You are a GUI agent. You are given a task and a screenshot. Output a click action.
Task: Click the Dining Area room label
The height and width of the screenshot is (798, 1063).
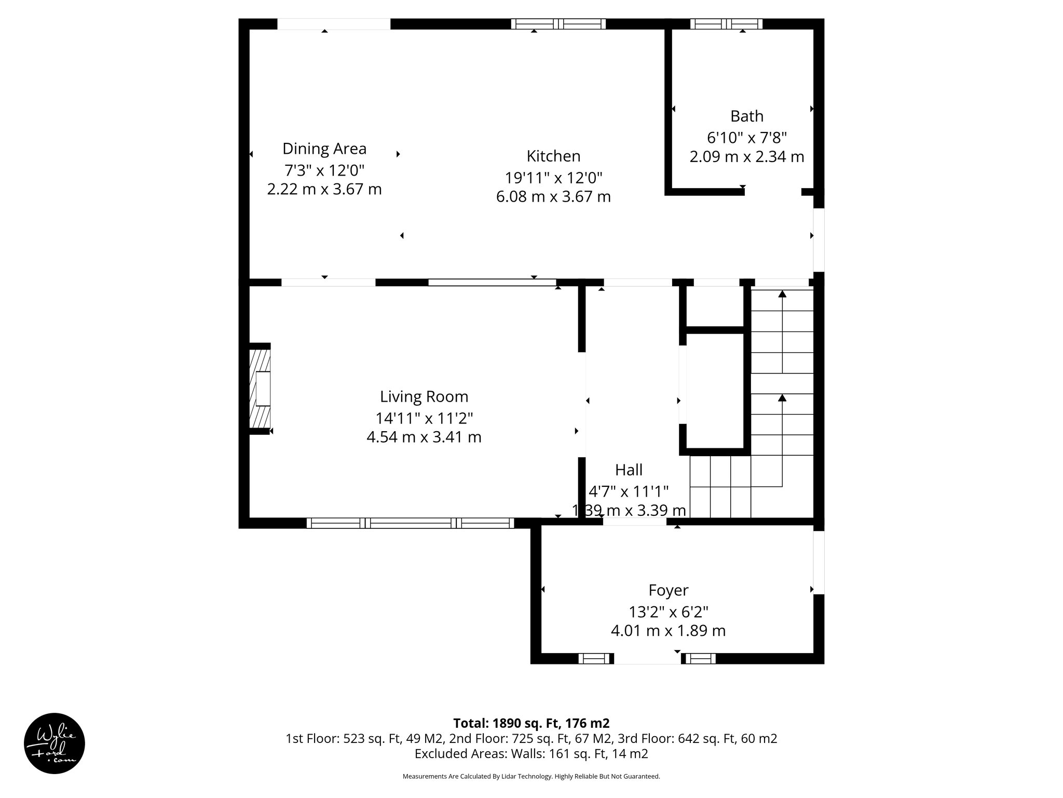coord(324,149)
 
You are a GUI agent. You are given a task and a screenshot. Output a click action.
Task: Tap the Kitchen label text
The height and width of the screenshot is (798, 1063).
coord(553,156)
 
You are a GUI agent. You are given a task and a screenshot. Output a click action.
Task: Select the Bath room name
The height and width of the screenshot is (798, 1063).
coord(746,116)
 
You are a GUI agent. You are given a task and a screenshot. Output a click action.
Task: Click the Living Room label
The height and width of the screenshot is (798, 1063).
coord(424,396)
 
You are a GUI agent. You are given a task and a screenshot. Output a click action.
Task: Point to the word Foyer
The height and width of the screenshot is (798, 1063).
coord(668,590)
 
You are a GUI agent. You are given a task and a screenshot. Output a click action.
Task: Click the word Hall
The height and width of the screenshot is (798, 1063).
coord(629,470)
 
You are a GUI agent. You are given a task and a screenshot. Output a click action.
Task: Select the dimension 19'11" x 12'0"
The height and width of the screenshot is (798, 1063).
coord(553,178)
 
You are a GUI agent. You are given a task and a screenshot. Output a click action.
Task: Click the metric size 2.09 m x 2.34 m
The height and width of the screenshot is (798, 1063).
coord(746,156)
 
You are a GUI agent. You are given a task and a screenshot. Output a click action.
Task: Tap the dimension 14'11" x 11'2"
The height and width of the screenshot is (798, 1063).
coord(424,418)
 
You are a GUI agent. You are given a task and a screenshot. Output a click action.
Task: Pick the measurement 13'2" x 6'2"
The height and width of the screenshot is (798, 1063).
coord(668,611)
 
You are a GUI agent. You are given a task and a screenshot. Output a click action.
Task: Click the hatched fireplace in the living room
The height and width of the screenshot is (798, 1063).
coord(260,389)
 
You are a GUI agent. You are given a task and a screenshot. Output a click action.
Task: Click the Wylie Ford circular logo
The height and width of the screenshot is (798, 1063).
coord(54,743)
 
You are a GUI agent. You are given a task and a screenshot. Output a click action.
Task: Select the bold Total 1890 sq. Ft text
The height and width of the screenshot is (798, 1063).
coord(531,723)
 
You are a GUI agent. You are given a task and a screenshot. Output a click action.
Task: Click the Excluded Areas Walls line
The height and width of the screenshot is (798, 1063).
coord(531,753)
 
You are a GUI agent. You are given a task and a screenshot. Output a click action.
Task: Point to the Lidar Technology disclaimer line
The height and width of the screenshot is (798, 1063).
coord(531,776)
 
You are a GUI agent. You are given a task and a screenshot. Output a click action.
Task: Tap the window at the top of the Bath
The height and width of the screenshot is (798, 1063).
coord(726,24)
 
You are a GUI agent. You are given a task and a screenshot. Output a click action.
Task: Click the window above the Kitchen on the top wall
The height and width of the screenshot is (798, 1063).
coord(558,24)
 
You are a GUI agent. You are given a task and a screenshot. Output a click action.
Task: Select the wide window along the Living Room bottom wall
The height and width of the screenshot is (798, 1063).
coord(410,523)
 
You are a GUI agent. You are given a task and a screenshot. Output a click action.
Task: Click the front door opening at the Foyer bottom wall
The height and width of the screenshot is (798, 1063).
coord(647,659)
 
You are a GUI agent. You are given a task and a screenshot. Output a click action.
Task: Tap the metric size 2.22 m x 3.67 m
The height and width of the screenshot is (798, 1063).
coord(324,189)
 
